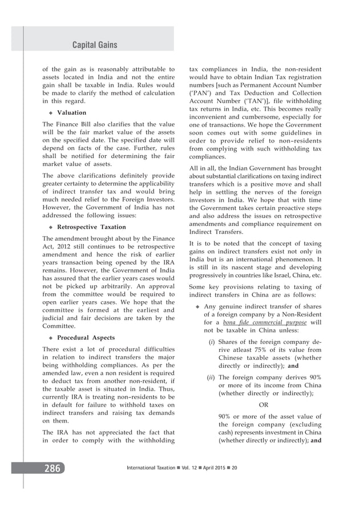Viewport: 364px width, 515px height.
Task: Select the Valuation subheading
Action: click(71, 112)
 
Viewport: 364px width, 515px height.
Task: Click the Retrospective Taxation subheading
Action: click(92, 226)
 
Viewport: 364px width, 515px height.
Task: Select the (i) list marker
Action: click(211, 342)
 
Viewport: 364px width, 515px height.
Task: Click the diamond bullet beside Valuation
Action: click(50, 113)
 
